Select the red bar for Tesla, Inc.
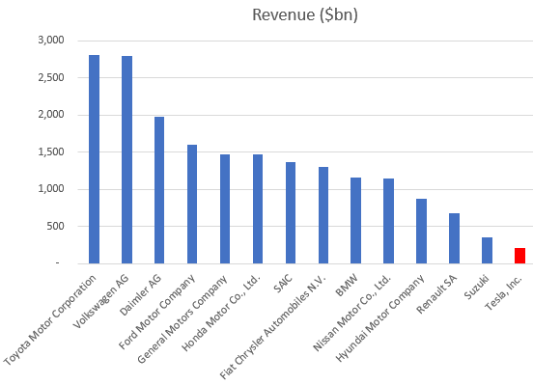click(519, 256)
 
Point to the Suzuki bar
click(487, 250)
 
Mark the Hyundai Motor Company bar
click(421, 231)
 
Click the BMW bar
click(355, 220)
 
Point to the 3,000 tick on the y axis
click(49, 41)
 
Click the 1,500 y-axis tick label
click(49, 152)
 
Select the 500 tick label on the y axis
click(54, 227)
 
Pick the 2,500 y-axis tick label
click(49, 78)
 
